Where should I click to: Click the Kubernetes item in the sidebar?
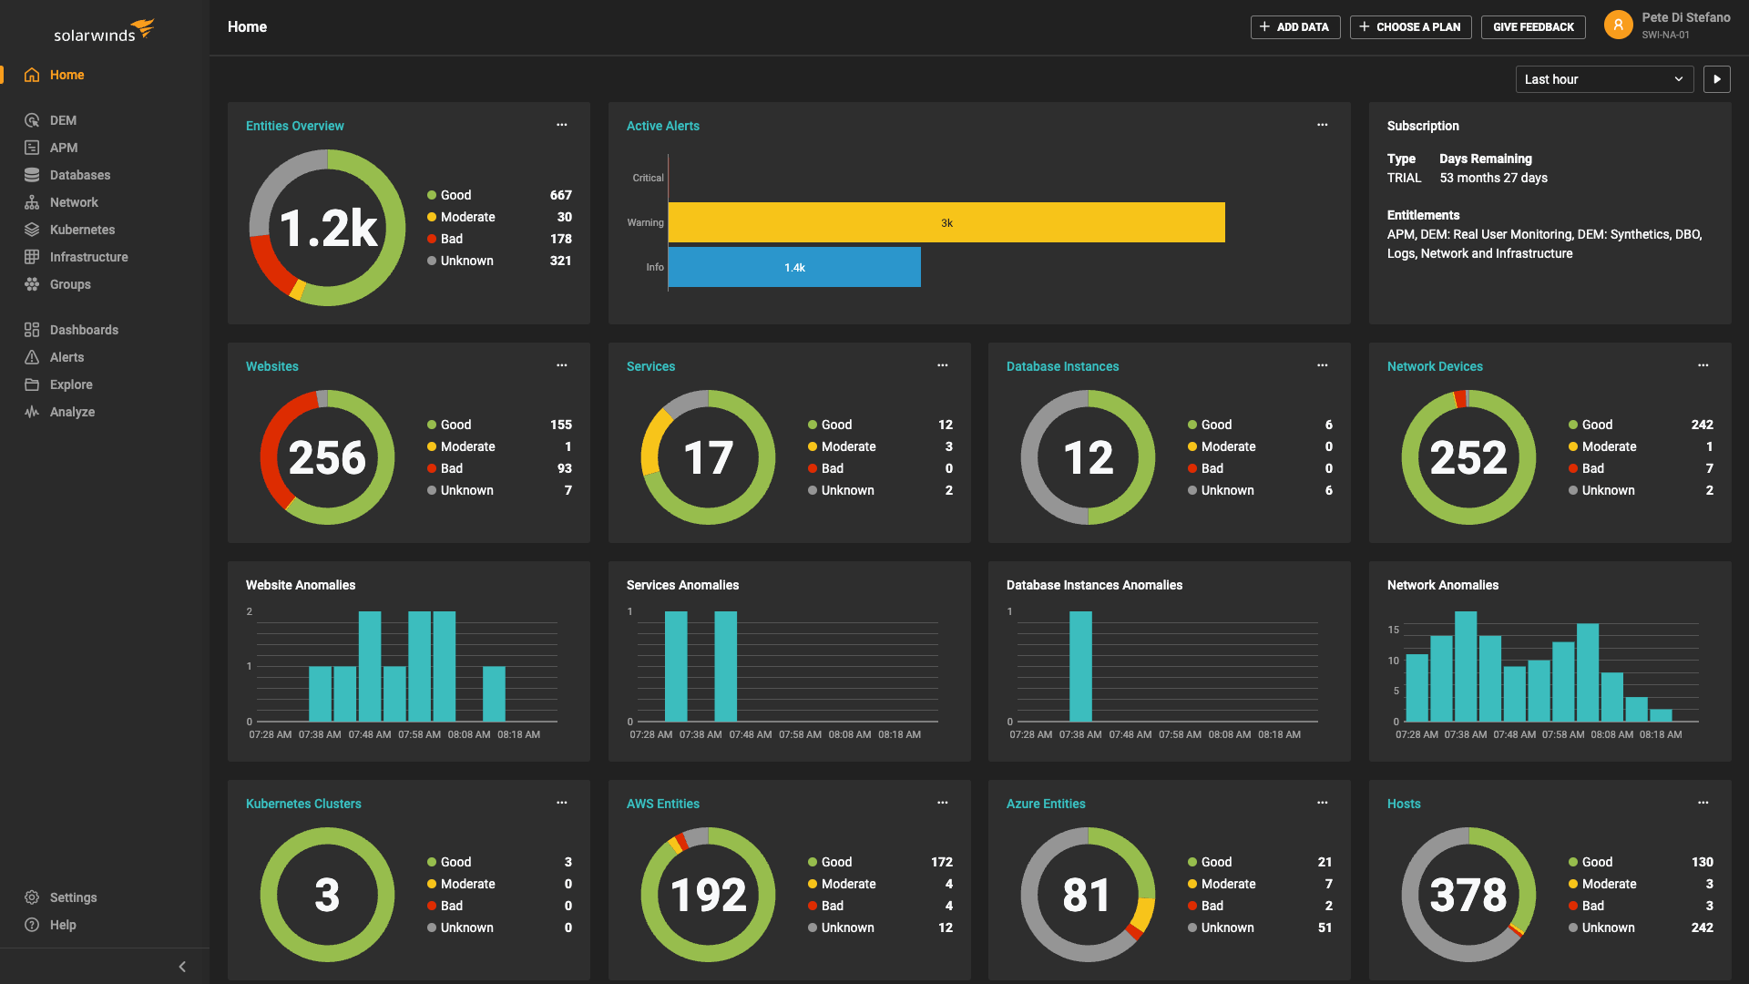point(82,230)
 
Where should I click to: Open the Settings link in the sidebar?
point(73,897)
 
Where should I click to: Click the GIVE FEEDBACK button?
point(1533,27)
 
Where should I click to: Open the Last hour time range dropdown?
point(1603,79)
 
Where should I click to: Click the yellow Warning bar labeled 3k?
point(946,222)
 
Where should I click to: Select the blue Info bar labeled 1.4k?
point(793,267)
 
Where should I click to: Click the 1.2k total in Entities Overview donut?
point(328,228)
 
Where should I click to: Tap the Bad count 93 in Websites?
point(564,468)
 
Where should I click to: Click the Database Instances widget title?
point(1062,366)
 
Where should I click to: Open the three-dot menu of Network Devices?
point(1703,365)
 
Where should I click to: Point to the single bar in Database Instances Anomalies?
point(1080,666)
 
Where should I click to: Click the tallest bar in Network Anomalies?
point(1466,666)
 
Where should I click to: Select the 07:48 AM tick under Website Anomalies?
point(369,734)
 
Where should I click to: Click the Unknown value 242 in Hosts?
point(1702,928)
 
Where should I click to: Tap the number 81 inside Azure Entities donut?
point(1087,895)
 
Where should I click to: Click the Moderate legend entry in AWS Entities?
point(848,884)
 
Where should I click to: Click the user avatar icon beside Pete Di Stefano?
point(1618,26)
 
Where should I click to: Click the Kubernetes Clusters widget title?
point(303,804)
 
